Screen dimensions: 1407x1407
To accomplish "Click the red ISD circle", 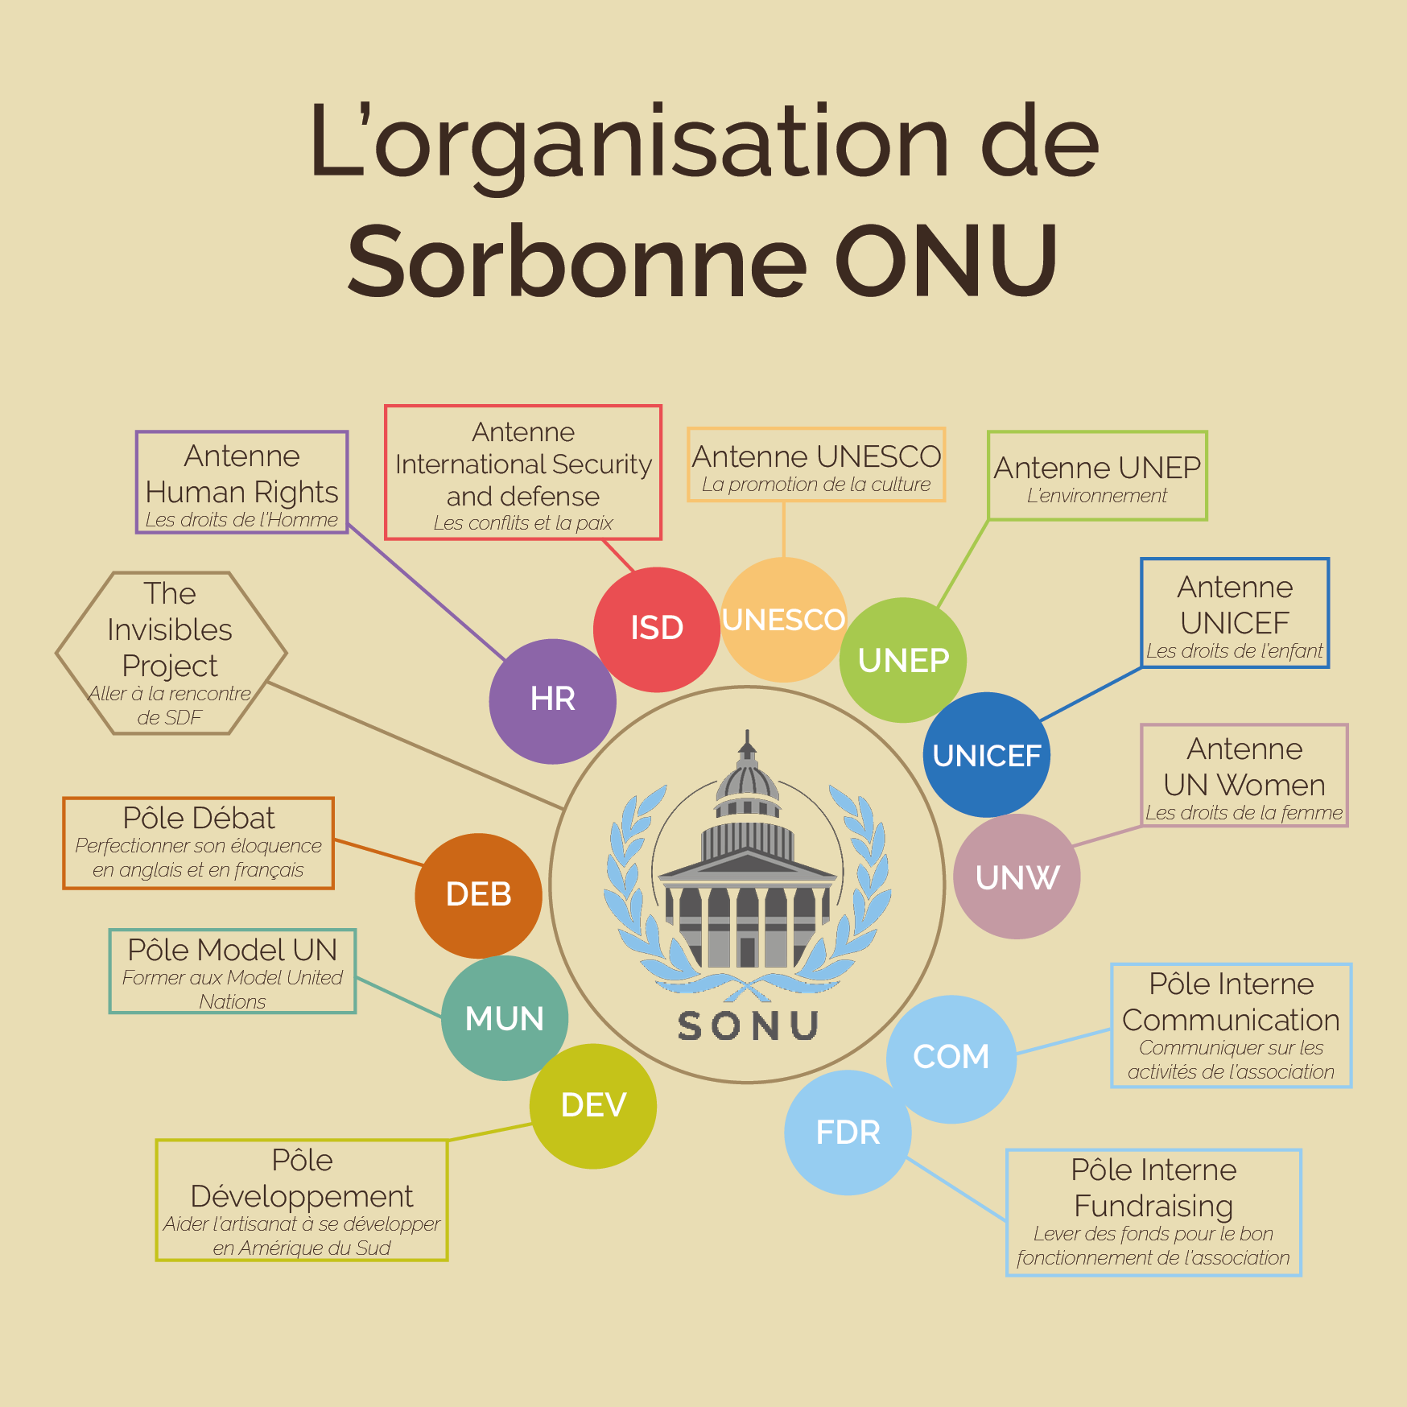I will coord(656,629).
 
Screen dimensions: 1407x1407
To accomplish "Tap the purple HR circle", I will coord(553,701).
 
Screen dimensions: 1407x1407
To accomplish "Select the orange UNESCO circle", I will coord(783,620).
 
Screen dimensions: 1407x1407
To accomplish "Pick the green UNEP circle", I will coord(903,660).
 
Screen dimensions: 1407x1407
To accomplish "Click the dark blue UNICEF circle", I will coord(986,755).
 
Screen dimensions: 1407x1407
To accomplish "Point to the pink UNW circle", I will coord(1017,877).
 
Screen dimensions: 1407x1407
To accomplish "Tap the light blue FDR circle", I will coord(848,1133).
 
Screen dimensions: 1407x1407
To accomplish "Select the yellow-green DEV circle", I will coord(593,1106).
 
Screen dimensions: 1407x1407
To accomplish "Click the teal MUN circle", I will coord(505,1018).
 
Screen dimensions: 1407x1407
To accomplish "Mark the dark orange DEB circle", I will coord(478,895).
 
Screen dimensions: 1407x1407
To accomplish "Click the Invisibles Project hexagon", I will coord(171,653).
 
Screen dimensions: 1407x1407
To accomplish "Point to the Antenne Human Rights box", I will coord(241,482).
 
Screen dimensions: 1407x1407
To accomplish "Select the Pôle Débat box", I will coord(198,843).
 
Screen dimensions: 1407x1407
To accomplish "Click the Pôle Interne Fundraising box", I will coord(1153,1212).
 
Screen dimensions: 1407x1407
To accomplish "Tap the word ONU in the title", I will coord(946,261).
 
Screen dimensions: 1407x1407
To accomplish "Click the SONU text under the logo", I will coord(748,1026).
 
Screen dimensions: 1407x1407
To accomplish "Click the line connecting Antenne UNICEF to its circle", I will coord(1091,694).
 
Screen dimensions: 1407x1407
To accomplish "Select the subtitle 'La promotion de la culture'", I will coord(815,485).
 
